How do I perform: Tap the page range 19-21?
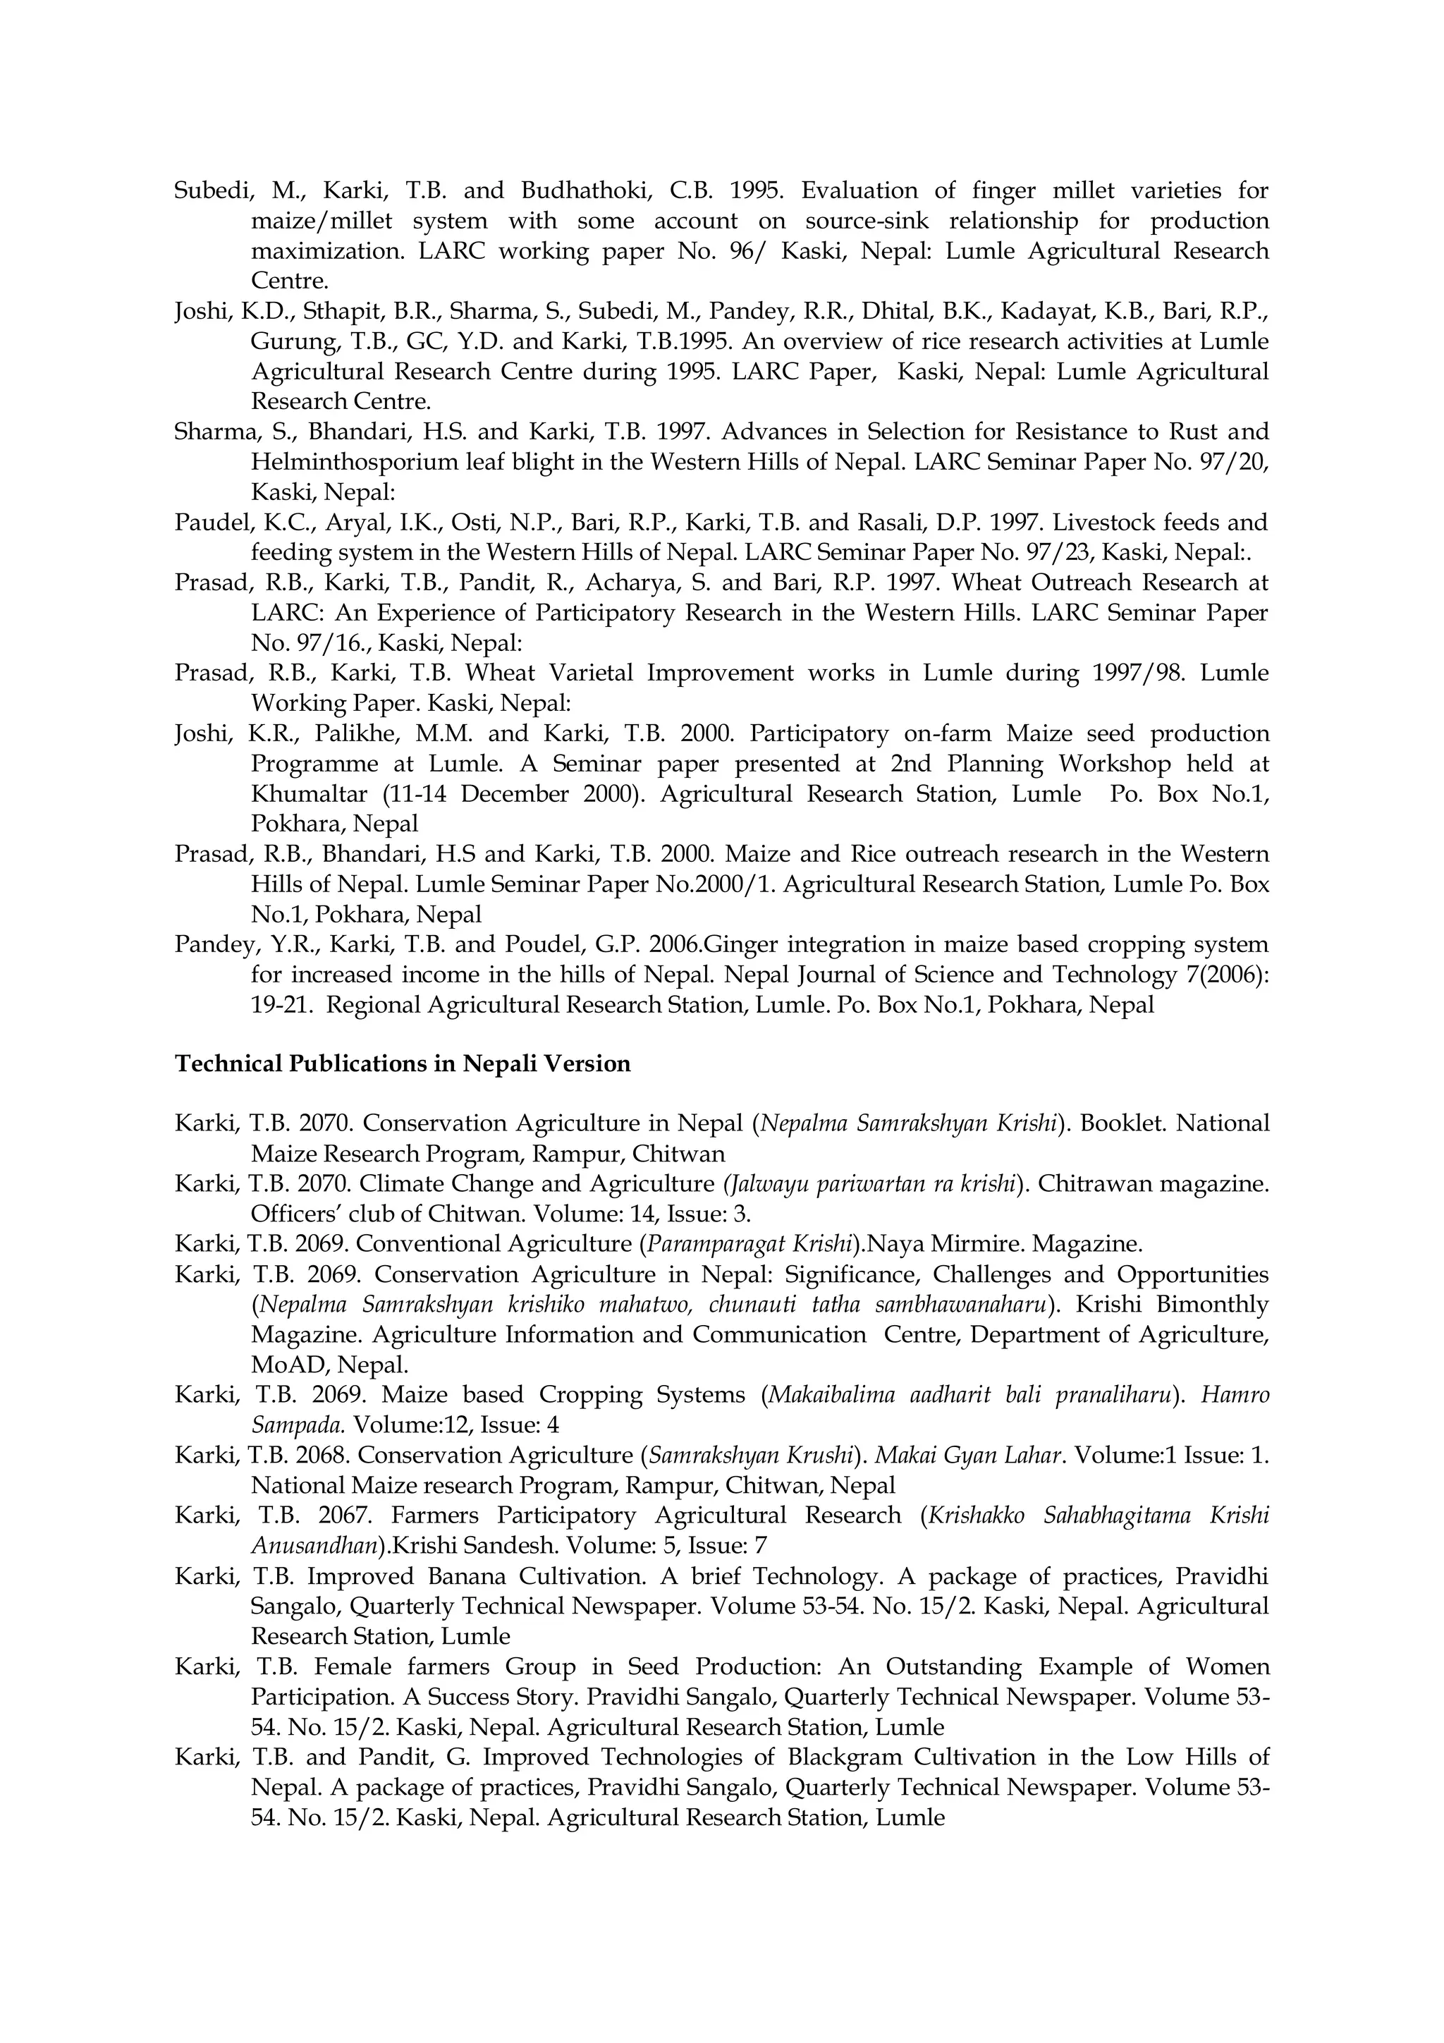pyautogui.click(x=279, y=1005)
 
